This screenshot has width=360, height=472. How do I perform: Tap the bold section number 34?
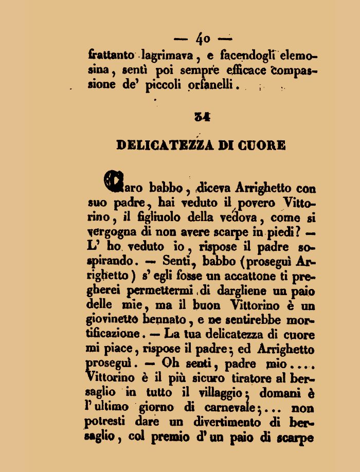[202, 117]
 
